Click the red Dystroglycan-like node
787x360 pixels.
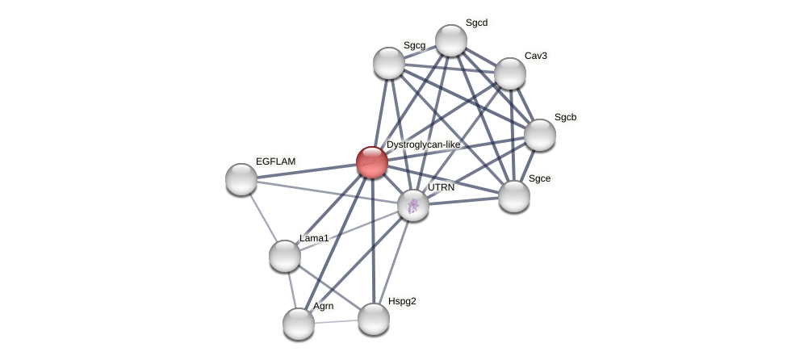coord(372,162)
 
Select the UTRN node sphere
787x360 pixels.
coord(413,205)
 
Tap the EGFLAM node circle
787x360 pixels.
coord(241,179)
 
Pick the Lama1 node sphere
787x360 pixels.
coord(285,256)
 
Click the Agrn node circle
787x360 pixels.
coord(299,324)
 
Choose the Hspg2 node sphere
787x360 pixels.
coord(374,319)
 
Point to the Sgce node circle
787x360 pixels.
coord(514,196)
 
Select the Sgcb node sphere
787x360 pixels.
coord(540,135)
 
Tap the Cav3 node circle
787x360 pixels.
coord(510,73)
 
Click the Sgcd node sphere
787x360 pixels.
coord(451,40)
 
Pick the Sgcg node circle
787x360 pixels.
coord(389,63)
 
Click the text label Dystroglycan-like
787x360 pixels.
coord(423,144)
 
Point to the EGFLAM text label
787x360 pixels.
coord(275,161)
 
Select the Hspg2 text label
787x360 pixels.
coord(402,302)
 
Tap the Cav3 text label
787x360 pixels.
coord(535,56)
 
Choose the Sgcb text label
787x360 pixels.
coord(565,117)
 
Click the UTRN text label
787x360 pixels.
coord(441,187)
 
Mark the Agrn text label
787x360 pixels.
coord(323,306)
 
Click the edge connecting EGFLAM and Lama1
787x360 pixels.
coord(263,218)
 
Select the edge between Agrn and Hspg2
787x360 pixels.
coord(336,321)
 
